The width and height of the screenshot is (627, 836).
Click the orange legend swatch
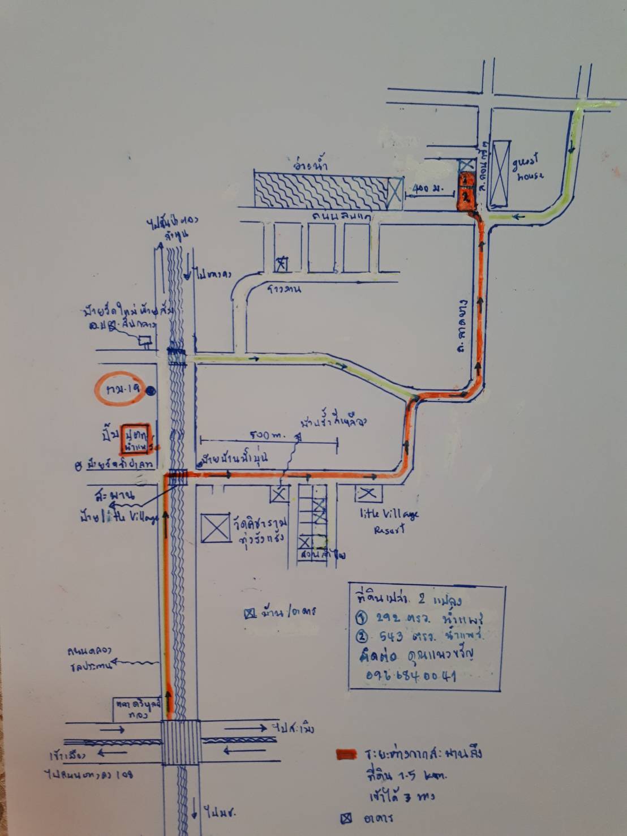pyautogui.click(x=346, y=754)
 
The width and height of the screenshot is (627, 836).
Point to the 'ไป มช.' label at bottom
pyautogui.click(x=216, y=813)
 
